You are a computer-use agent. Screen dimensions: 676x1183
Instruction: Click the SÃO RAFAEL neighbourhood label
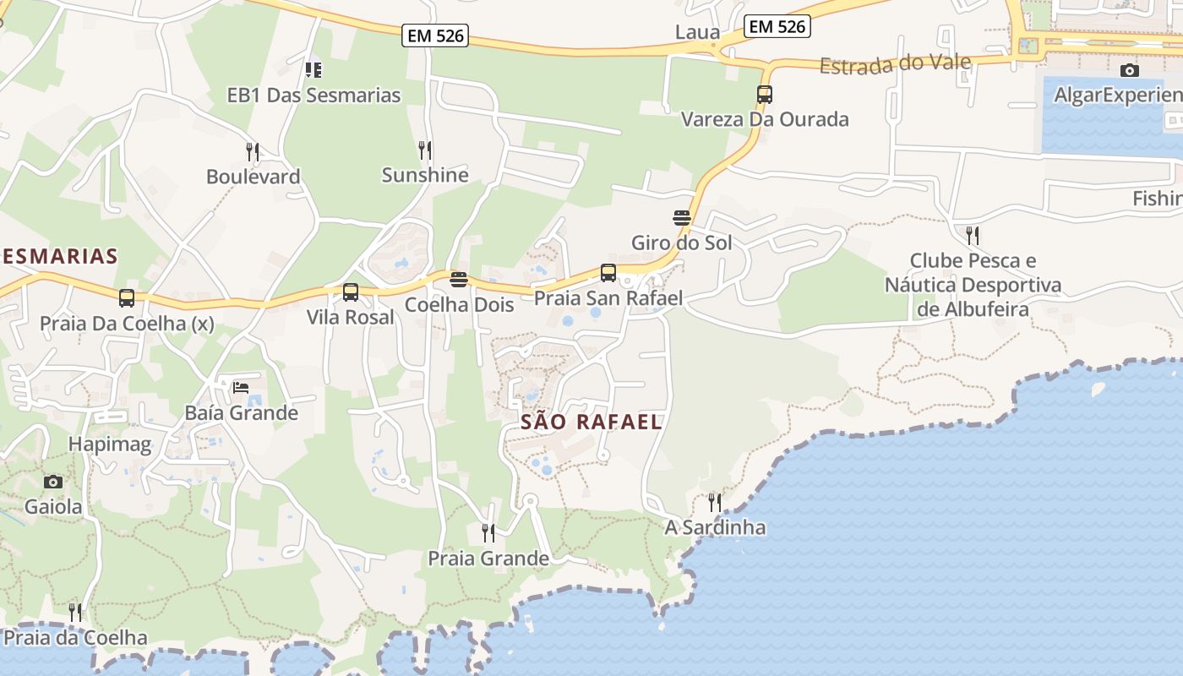pyautogui.click(x=591, y=422)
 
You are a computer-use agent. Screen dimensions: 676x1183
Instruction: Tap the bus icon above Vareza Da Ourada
pyautogui.click(x=765, y=95)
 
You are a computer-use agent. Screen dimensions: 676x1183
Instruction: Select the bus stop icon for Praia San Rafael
pyautogui.click(x=608, y=273)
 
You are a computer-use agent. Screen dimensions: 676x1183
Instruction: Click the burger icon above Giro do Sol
pyautogui.click(x=682, y=217)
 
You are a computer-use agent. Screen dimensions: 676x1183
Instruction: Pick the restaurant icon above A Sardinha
pyautogui.click(x=715, y=502)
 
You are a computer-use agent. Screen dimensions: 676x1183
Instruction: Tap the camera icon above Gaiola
pyautogui.click(x=53, y=482)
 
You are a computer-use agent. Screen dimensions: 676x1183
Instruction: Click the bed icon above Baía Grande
pyautogui.click(x=241, y=388)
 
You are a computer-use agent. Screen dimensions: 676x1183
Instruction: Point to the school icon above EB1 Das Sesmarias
pyautogui.click(x=313, y=69)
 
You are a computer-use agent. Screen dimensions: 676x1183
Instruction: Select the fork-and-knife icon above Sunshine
pyautogui.click(x=425, y=150)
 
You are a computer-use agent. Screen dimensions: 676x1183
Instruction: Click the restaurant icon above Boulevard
pyautogui.click(x=253, y=152)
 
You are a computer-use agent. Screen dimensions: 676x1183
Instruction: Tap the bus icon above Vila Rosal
pyautogui.click(x=351, y=292)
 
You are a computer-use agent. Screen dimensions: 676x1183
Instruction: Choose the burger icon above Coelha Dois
pyautogui.click(x=459, y=279)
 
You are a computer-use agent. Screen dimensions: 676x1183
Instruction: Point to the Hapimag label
pyautogui.click(x=110, y=444)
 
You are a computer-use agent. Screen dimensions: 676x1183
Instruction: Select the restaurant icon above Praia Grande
pyautogui.click(x=488, y=532)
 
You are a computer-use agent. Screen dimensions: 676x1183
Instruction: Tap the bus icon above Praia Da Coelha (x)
pyautogui.click(x=127, y=297)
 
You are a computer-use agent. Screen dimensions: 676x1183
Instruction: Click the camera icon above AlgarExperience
pyautogui.click(x=1129, y=70)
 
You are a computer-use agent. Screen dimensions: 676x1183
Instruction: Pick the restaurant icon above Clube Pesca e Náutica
pyautogui.click(x=973, y=234)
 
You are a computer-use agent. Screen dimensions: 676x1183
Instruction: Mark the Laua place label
pyautogui.click(x=698, y=33)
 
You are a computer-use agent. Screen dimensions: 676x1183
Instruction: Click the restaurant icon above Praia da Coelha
pyautogui.click(x=75, y=612)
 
